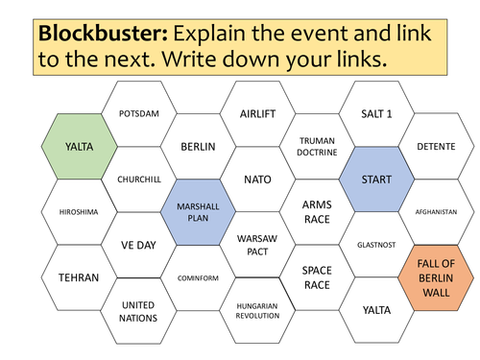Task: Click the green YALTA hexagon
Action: coord(79,147)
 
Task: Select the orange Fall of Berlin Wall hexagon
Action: coord(436,277)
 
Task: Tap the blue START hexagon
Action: coord(376,180)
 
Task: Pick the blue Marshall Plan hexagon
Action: coord(198,212)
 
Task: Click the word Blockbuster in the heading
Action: coord(103,34)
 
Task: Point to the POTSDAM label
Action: coord(139,113)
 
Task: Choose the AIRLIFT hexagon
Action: coord(257,113)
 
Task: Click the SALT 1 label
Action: coord(376,113)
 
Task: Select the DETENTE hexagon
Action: coord(436,147)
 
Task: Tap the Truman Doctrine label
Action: coord(317,147)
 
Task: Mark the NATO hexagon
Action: coord(257,180)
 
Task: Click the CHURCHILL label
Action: coord(139,180)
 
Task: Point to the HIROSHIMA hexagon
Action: coord(79,212)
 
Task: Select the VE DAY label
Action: coord(138,245)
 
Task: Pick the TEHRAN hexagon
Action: coord(79,277)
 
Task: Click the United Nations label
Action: coord(138,311)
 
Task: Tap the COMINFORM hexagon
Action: coord(198,277)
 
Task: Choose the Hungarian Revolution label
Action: coord(257,311)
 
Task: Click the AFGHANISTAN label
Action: coord(436,212)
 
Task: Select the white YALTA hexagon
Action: coord(376,310)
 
